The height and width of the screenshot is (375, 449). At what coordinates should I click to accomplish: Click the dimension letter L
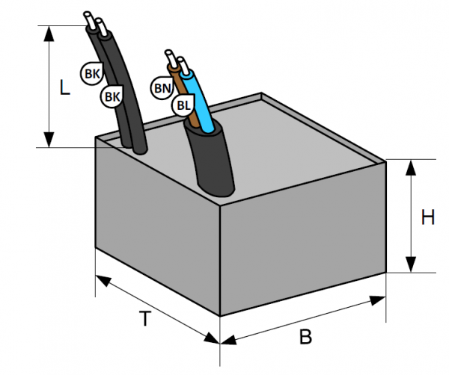tap(64, 88)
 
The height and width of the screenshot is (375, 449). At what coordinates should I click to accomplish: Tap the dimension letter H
tap(427, 217)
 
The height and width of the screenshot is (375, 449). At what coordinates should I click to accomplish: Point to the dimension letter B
tap(305, 337)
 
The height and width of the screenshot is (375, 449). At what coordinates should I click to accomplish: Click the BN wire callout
tap(161, 88)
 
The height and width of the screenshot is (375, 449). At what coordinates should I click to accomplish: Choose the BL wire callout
tap(182, 105)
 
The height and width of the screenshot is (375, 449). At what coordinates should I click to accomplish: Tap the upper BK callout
tap(92, 73)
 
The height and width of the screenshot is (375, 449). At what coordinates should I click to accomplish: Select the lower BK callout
tap(112, 96)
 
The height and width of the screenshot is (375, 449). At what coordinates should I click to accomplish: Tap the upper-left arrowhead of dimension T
tap(103, 280)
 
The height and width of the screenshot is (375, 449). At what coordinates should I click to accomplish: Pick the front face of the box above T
tap(157, 224)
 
